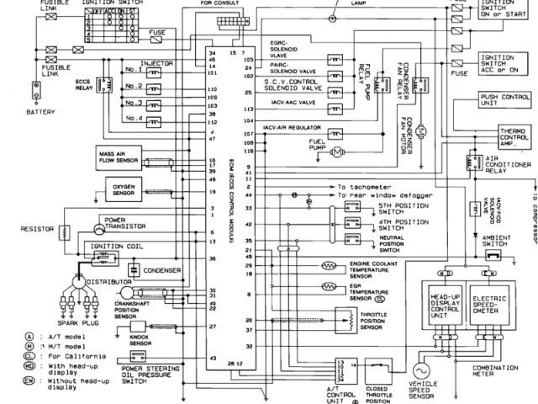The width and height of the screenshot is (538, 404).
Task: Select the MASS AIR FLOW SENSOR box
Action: (x=118, y=159)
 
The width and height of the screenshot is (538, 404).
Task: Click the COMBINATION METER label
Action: (x=495, y=371)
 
